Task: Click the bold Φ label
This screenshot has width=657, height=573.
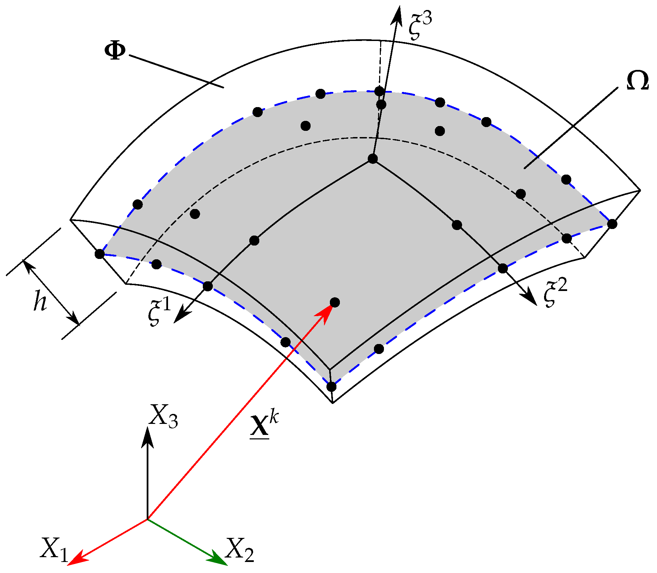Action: (115, 52)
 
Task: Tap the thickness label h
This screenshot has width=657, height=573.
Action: (40, 301)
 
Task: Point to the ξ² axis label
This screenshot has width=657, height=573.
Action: (555, 293)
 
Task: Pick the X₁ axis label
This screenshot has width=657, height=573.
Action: (54, 548)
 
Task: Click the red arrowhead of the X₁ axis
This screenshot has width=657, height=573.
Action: (76, 559)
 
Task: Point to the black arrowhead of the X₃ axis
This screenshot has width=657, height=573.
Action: (148, 437)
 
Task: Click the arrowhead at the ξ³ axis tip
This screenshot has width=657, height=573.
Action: (398, 15)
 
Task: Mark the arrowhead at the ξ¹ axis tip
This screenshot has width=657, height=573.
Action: (181, 315)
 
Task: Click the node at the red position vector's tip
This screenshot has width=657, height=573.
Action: (335, 302)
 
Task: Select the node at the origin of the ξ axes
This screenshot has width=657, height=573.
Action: (373, 159)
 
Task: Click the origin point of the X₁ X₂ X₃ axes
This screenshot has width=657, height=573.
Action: (148, 519)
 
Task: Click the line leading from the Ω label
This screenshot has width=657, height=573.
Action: (572, 127)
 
